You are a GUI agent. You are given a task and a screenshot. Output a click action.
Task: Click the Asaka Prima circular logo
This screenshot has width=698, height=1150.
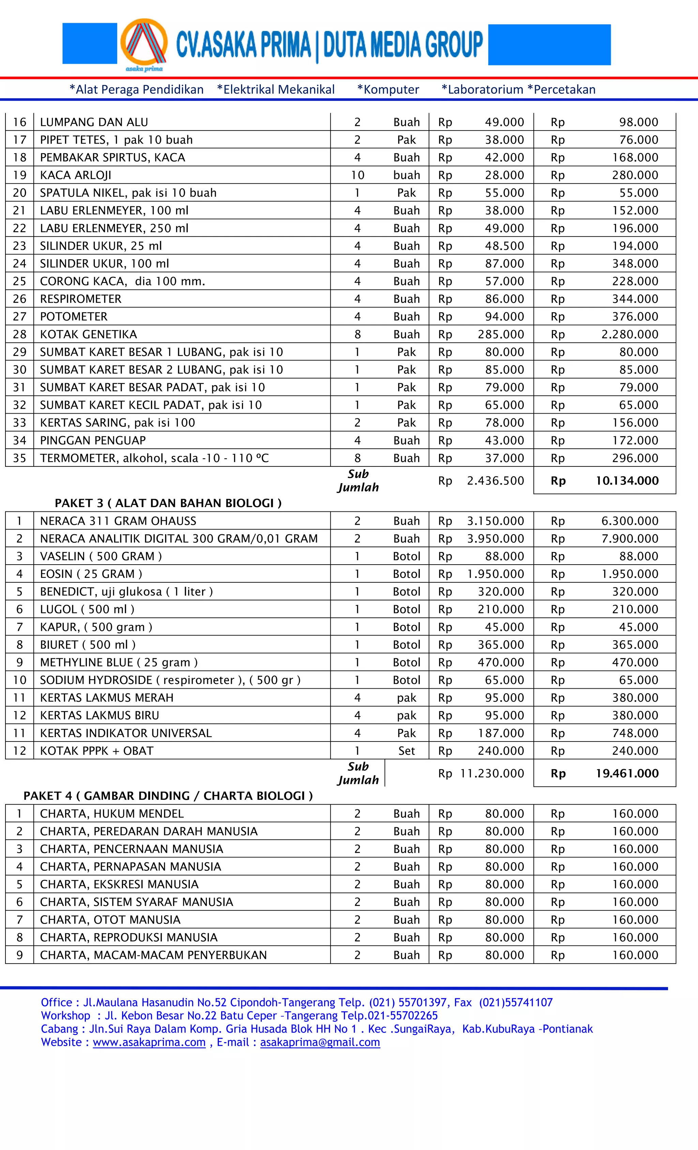click(x=144, y=44)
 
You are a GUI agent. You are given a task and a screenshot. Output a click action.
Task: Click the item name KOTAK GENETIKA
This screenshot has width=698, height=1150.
click(x=88, y=334)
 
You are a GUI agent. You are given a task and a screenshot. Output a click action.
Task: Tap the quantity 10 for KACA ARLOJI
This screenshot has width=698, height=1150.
click(x=358, y=175)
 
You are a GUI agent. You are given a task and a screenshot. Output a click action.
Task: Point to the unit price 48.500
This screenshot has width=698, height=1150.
click(x=504, y=246)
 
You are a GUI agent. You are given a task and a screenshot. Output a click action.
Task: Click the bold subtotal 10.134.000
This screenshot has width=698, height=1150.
click(x=627, y=481)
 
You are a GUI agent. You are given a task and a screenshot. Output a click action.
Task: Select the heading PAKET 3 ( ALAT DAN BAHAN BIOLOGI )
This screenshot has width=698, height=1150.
click(x=168, y=503)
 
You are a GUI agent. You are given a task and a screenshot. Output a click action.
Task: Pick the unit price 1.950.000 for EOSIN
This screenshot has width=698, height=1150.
click(x=496, y=574)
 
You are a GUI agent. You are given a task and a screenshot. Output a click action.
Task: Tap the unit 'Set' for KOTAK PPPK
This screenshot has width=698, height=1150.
click(x=406, y=751)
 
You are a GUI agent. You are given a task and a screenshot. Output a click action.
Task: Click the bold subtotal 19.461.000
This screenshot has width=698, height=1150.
click(x=627, y=773)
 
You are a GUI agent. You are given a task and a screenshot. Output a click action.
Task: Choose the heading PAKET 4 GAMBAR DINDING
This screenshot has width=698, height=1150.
click(x=168, y=796)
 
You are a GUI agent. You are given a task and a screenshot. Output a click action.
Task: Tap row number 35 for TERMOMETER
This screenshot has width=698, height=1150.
click(x=19, y=458)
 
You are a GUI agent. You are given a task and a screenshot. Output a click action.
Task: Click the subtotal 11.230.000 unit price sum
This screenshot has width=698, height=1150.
click(x=492, y=773)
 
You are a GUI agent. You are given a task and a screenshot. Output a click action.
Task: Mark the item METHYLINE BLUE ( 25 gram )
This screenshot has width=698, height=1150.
click(x=119, y=662)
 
